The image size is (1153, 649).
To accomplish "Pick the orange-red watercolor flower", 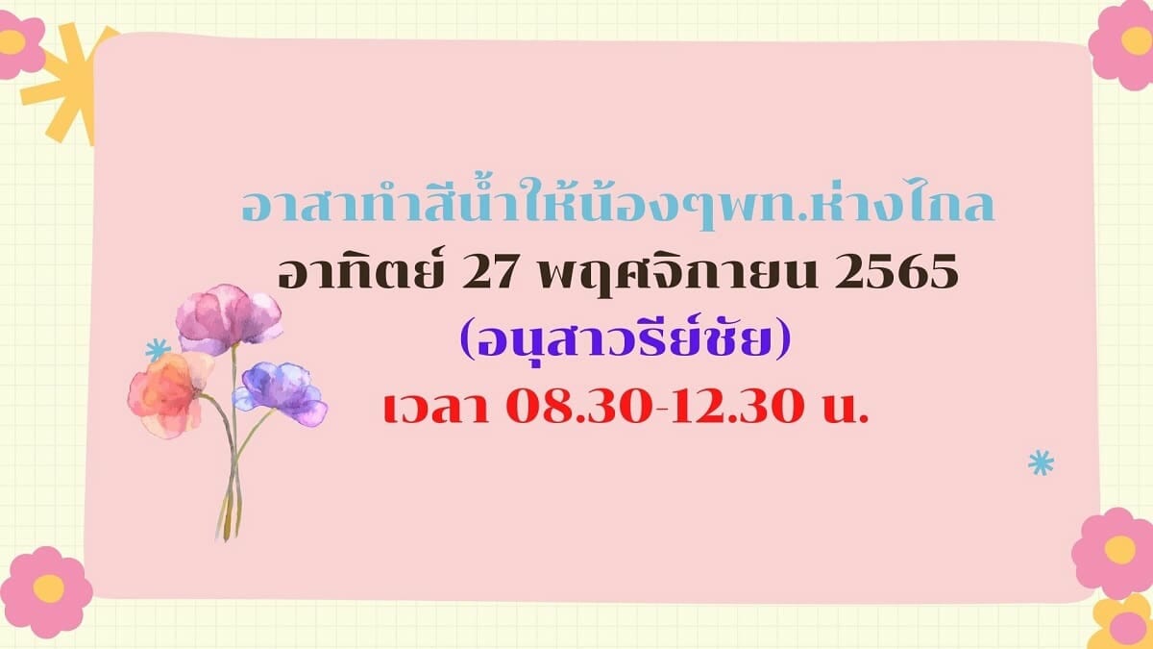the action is pyautogui.click(x=169, y=394).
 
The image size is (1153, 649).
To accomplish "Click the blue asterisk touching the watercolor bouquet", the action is pyautogui.click(x=158, y=350).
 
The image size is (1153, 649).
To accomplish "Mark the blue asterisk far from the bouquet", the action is pyautogui.click(x=1041, y=462).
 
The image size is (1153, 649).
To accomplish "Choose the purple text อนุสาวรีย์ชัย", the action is pyautogui.click(x=626, y=340).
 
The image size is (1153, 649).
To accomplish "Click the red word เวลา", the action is pyautogui.click(x=436, y=410).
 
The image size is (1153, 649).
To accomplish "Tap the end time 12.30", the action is pyautogui.click(x=739, y=410).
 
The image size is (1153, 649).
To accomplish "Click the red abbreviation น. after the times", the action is pyautogui.click(x=846, y=412).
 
